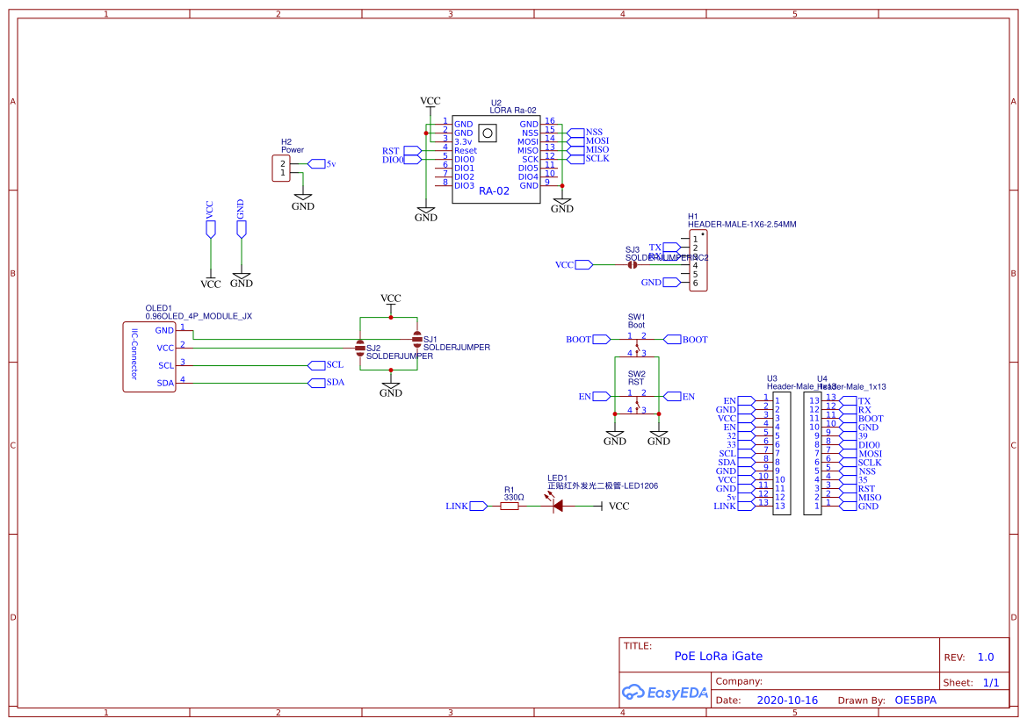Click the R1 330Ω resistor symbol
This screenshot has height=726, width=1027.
click(x=510, y=506)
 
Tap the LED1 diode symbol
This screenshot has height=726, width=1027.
click(x=557, y=506)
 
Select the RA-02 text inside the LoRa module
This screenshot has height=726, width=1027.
click(x=494, y=190)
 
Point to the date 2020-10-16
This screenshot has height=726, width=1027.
click(x=786, y=701)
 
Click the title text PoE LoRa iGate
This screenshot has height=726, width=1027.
click(x=718, y=656)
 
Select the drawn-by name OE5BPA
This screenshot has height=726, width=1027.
click(x=915, y=701)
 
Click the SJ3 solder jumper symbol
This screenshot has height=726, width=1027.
click(x=632, y=264)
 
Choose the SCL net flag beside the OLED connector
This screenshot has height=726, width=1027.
click(x=318, y=365)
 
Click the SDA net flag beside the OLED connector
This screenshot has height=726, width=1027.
click(x=318, y=383)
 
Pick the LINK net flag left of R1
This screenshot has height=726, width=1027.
click(x=478, y=506)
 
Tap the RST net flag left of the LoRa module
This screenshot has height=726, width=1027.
click(x=411, y=151)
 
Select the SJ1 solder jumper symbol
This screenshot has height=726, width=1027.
click(x=416, y=338)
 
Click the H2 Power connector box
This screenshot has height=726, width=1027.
click(x=282, y=169)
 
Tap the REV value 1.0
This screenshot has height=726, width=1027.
click(x=986, y=657)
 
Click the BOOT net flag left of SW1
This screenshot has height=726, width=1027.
click(x=601, y=339)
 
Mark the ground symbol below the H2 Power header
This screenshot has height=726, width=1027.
click(x=302, y=201)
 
